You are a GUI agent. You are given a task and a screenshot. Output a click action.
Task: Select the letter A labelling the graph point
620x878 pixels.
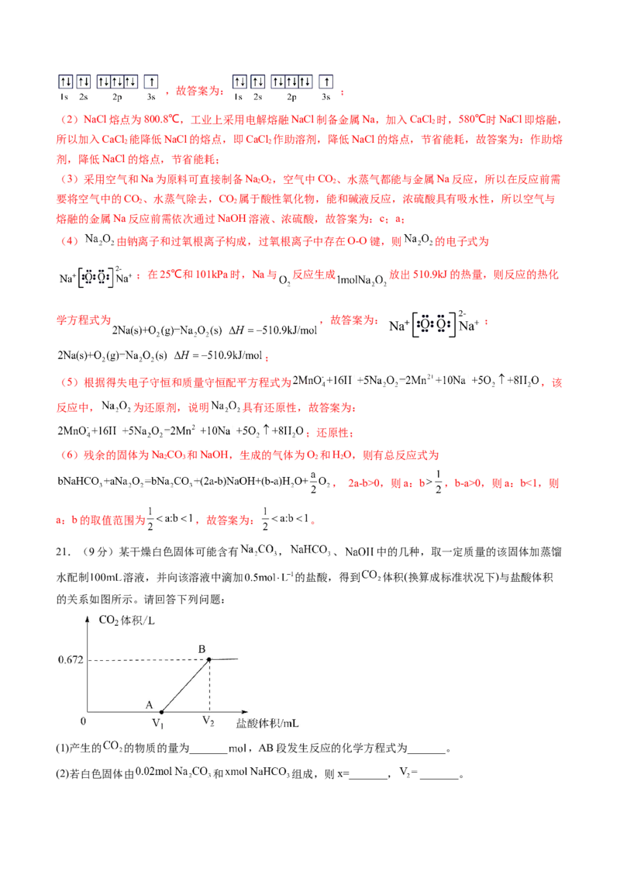[x=149, y=703]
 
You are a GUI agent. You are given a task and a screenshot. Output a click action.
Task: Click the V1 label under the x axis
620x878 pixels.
[x=158, y=722]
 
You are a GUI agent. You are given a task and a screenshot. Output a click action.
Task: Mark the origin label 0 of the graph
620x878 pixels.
[x=83, y=720]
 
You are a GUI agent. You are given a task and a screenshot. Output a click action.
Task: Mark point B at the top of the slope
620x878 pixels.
[x=208, y=660]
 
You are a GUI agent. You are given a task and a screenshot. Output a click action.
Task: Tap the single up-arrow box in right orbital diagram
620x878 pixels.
[x=327, y=81]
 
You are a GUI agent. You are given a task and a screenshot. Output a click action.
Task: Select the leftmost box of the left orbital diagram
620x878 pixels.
[x=65, y=81]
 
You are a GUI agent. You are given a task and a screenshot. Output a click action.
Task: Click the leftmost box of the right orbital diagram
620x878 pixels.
[x=239, y=81]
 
